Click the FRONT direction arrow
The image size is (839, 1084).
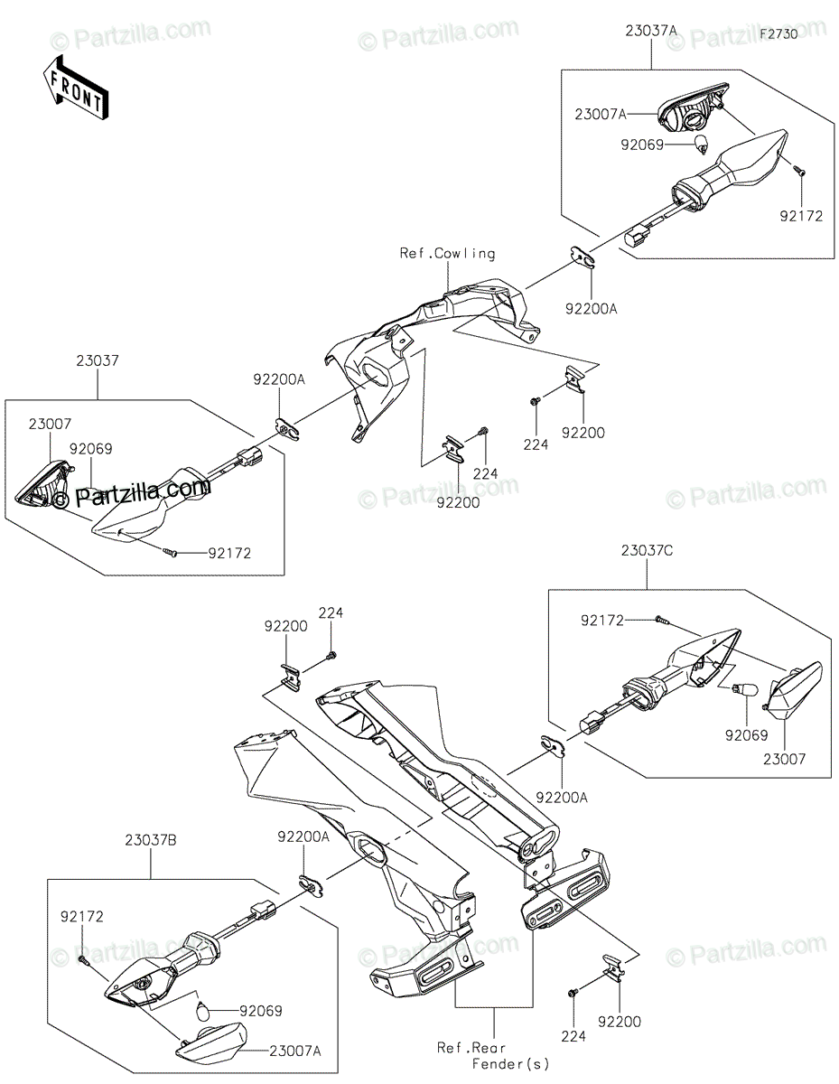click(x=74, y=89)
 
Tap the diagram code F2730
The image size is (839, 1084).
click(x=778, y=34)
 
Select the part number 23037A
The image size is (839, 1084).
click(x=651, y=32)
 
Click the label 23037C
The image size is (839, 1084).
click(x=647, y=550)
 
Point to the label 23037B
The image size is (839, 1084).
click(x=151, y=840)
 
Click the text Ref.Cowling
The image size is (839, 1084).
click(x=447, y=254)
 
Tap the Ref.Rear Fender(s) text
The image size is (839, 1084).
click(x=493, y=1054)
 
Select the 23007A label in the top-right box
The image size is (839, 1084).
click(x=601, y=114)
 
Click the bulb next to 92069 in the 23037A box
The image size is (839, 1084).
click(x=702, y=145)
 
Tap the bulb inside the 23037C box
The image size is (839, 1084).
click(x=745, y=690)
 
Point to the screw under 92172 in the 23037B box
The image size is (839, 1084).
click(x=83, y=958)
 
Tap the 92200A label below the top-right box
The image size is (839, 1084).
click(x=592, y=309)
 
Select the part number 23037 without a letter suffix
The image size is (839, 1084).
click(x=98, y=360)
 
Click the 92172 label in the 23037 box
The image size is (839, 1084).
click(x=229, y=553)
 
